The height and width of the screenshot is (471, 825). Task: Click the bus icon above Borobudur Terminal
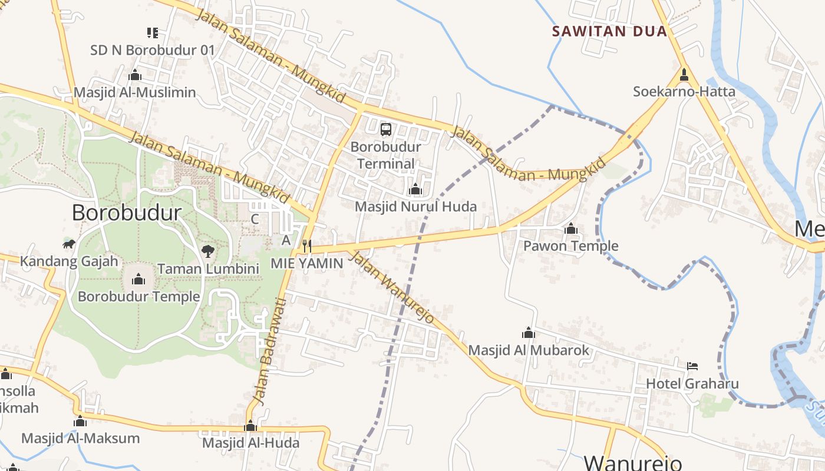tap(386, 130)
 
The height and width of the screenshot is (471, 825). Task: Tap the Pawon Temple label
tap(571, 246)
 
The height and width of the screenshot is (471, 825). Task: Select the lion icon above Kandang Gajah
tap(69, 244)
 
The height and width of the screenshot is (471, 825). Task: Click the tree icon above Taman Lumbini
tap(207, 251)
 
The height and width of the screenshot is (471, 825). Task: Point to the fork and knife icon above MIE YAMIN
tap(306, 246)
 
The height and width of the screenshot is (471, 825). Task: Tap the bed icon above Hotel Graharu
tap(692, 366)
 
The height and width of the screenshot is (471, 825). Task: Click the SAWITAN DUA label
tap(609, 31)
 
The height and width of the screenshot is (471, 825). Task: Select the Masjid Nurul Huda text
tap(415, 207)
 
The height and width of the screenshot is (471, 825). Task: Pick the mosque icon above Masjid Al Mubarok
tap(529, 333)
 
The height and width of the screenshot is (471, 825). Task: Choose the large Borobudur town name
tap(127, 213)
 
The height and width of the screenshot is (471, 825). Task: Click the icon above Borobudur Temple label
tap(138, 279)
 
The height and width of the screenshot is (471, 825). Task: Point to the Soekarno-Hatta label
tap(684, 92)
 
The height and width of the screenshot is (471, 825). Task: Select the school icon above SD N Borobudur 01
tap(153, 33)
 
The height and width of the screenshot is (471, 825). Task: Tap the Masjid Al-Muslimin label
tap(134, 92)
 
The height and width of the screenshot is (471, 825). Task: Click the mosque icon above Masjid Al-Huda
tap(250, 426)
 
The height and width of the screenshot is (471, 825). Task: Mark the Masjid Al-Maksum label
tap(80, 438)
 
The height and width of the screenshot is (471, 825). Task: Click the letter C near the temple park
tap(255, 219)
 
